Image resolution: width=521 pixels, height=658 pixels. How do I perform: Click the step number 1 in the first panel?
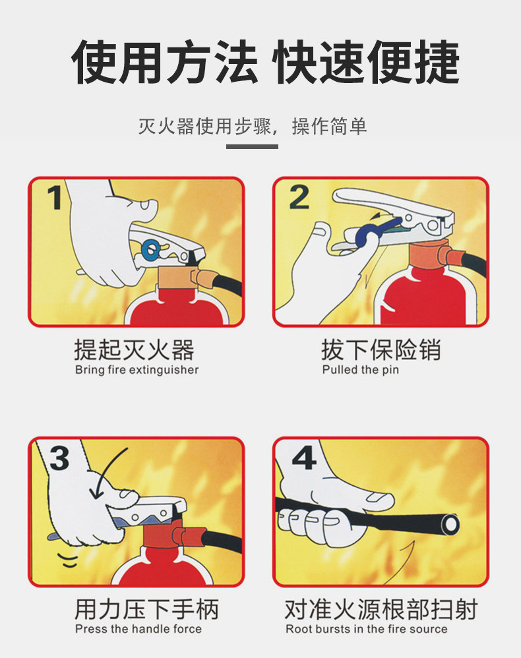[55, 197]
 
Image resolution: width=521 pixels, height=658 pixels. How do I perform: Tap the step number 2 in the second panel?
[299, 197]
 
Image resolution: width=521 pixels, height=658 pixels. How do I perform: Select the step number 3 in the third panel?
[59, 458]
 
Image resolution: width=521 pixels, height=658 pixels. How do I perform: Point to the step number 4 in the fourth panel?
[304, 458]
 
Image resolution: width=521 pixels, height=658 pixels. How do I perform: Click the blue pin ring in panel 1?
[150, 251]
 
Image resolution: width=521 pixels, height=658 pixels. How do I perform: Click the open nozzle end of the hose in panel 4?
[450, 525]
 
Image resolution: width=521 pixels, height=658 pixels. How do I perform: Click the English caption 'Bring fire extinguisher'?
[137, 370]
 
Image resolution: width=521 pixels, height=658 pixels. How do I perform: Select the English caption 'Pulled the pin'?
[360, 370]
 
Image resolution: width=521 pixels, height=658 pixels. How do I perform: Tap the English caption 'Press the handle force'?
[138, 628]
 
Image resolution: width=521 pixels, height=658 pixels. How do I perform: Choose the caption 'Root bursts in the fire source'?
[366, 628]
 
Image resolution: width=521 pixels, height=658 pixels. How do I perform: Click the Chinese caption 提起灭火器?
[135, 349]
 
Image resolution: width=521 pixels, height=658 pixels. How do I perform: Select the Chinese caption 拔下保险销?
[381, 349]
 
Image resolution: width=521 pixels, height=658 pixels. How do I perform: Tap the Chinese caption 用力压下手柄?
[146, 609]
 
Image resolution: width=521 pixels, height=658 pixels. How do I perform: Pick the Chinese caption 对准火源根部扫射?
[381, 609]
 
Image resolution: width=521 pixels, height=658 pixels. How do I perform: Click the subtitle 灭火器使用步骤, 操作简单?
[253, 126]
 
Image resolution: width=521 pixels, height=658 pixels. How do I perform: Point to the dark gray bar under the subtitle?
[252, 146]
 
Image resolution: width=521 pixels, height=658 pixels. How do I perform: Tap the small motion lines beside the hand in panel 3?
[68, 560]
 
